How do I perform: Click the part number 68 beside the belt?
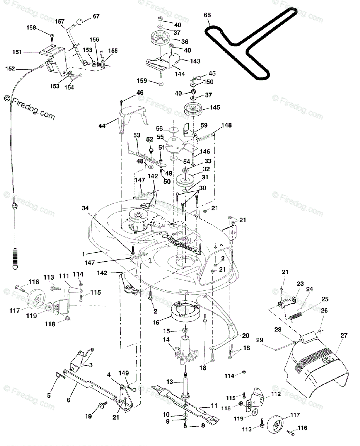click(207, 15)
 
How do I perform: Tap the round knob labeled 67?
click(79, 23)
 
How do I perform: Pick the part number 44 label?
click(102, 126)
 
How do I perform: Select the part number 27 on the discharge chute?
click(344, 336)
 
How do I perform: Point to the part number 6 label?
click(68, 400)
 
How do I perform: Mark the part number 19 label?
click(88, 417)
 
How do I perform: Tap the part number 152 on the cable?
click(10, 68)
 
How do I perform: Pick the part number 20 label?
click(246, 335)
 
